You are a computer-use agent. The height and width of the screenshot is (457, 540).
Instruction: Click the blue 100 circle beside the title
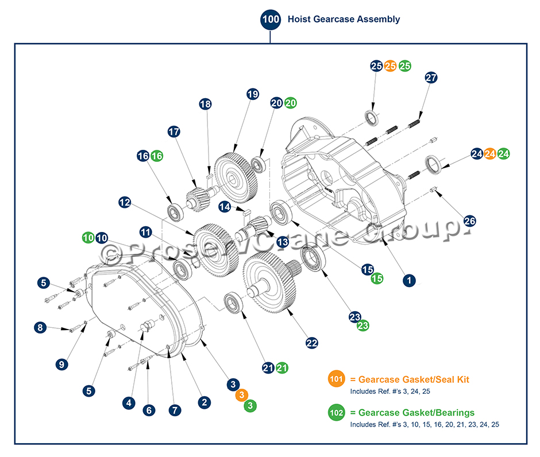271,19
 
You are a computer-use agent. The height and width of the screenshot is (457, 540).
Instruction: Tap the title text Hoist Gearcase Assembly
344,19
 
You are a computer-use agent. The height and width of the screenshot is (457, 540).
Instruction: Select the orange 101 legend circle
337,379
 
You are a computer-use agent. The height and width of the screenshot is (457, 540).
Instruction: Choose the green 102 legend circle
337,412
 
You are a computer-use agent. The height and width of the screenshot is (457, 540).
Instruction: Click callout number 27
431,78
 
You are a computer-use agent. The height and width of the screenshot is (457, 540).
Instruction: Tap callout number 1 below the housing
408,280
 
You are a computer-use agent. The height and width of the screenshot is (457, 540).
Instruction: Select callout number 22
311,343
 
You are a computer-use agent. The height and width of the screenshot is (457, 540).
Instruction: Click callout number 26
469,221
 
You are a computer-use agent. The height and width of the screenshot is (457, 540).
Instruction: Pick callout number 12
125,202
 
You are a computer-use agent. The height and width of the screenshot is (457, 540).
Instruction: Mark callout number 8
40,328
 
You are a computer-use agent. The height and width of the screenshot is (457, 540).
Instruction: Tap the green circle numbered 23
362,326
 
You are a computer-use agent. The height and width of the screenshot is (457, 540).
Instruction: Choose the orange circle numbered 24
490,154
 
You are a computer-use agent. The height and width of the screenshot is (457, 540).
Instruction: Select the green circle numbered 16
157,156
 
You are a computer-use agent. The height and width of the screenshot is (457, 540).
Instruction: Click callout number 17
174,131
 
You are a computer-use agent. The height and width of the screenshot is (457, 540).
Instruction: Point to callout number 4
129,403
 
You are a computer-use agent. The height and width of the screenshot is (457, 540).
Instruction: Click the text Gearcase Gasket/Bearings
416,412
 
